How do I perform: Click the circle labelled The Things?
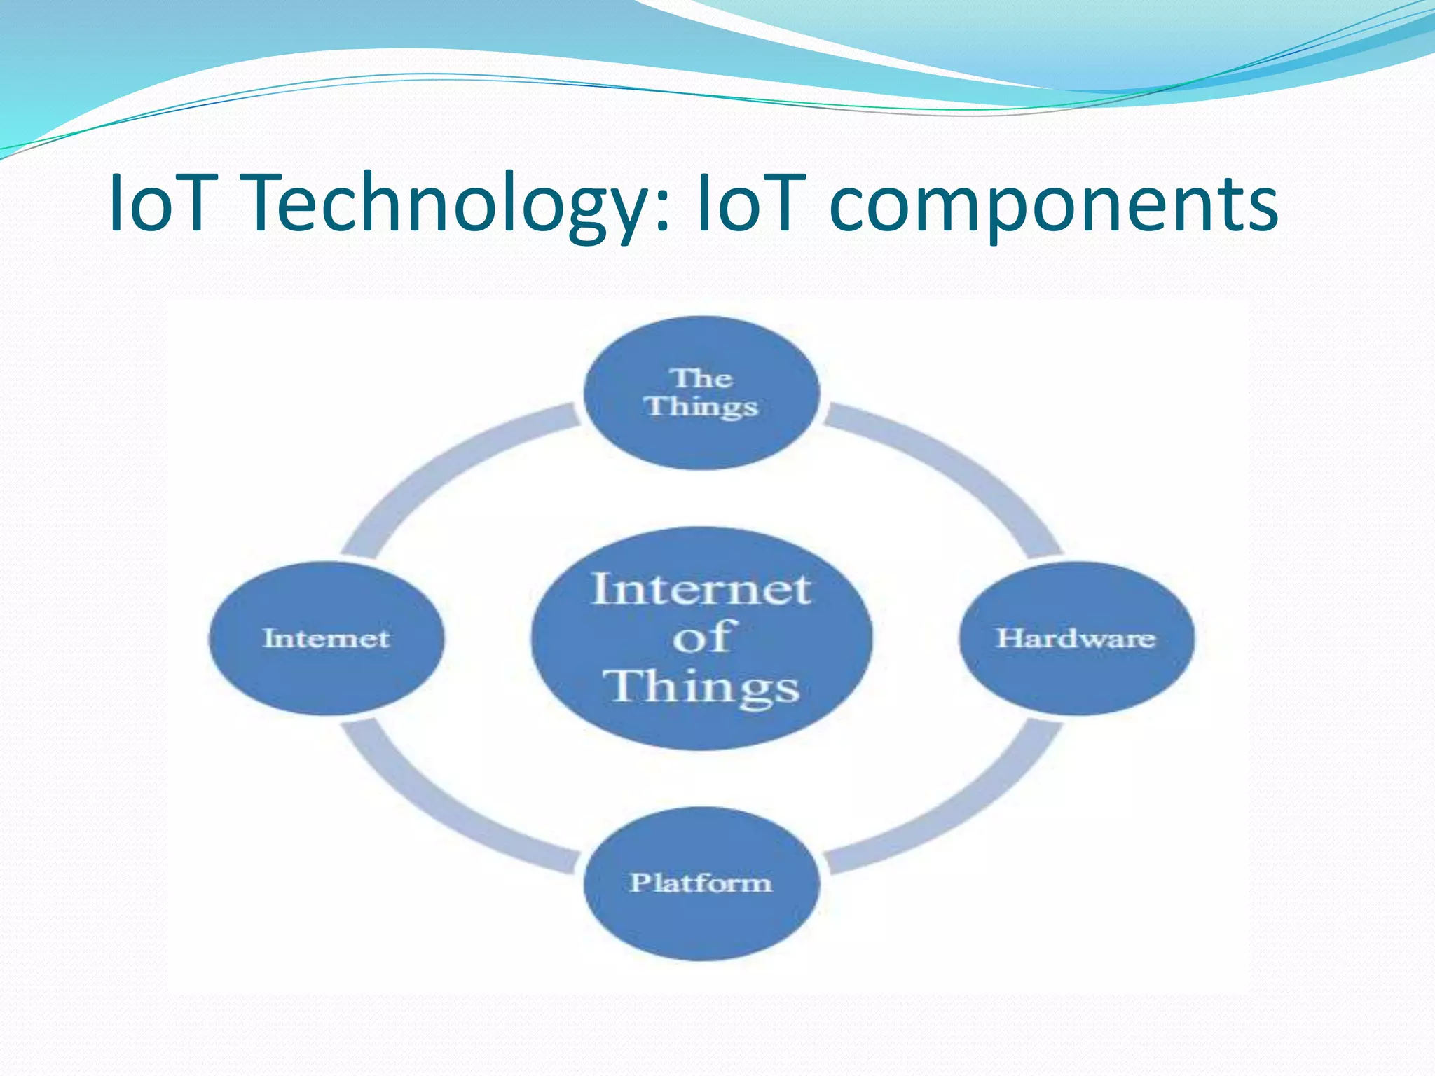point(701,434)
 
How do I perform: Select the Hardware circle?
point(1076,672)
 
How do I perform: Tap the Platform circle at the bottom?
point(701,918)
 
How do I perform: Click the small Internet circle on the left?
point(327,672)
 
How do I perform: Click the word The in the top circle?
point(703,379)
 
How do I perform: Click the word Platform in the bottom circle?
point(701,883)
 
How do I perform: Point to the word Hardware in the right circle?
point(1076,638)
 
